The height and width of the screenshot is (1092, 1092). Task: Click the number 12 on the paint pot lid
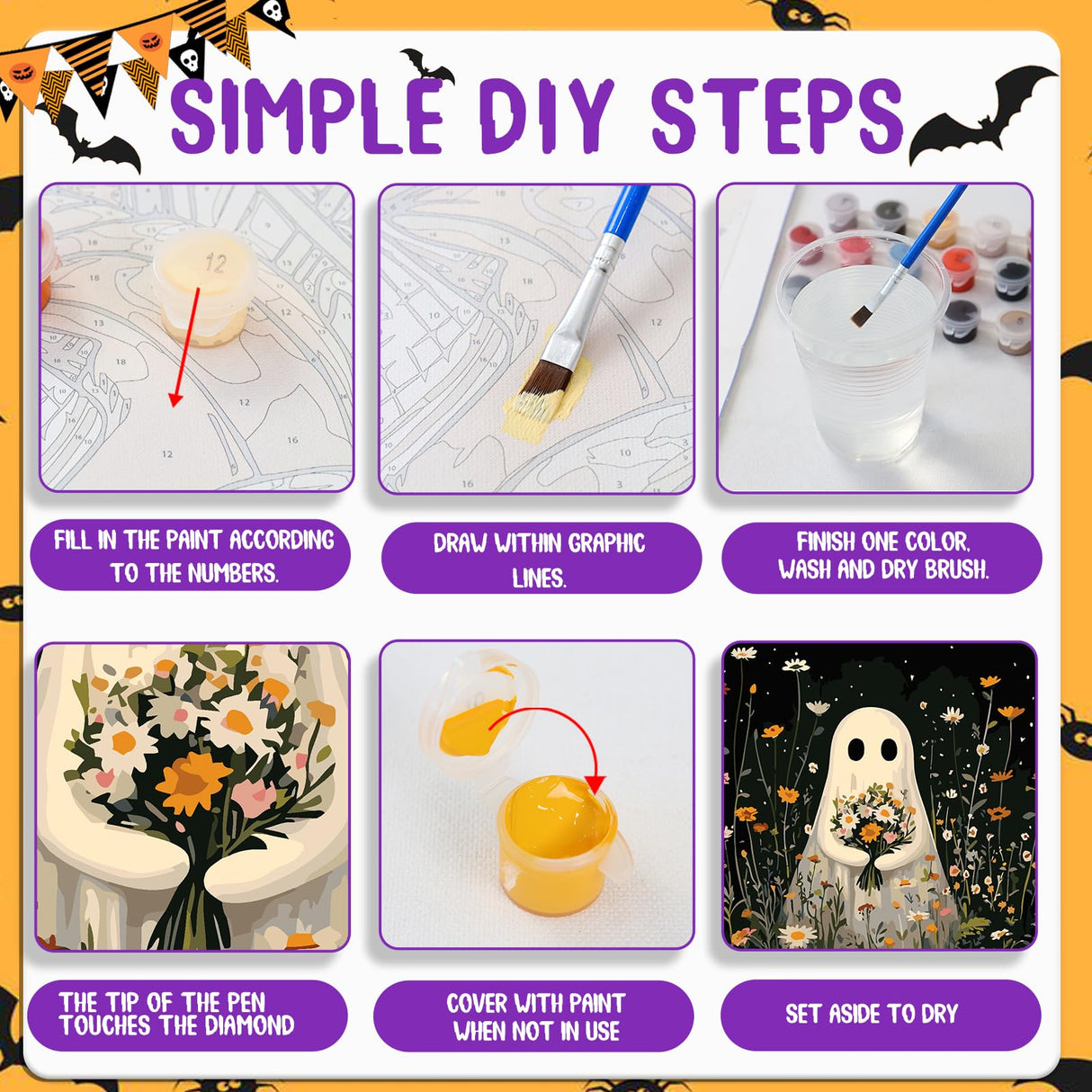pyautogui.click(x=215, y=263)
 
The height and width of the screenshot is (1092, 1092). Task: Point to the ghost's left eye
pyautogui.click(x=856, y=748)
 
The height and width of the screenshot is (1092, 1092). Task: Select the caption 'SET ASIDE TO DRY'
pyautogui.click(x=871, y=1014)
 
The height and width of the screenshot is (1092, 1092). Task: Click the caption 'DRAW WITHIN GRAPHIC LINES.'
pyautogui.click(x=540, y=559)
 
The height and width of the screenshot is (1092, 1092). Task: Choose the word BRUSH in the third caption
pyautogui.click(x=957, y=569)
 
